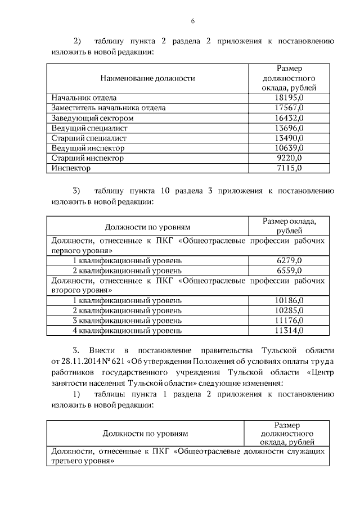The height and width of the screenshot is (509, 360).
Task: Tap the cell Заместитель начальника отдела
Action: (x=108, y=108)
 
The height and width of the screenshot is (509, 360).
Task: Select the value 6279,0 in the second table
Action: (x=289, y=260)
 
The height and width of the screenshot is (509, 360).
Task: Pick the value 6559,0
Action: (x=289, y=270)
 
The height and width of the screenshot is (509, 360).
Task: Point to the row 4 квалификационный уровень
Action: (x=127, y=330)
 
